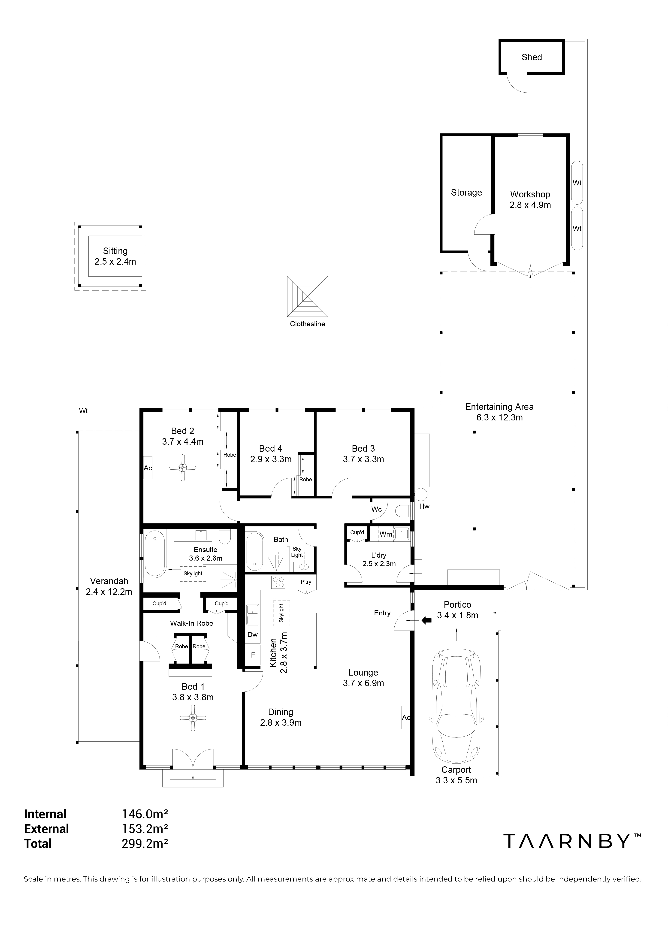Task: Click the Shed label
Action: [531, 57]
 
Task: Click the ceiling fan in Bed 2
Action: [183, 467]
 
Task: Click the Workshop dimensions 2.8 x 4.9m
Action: [530, 205]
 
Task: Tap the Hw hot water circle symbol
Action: [421, 494]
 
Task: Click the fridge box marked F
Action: [253, 655]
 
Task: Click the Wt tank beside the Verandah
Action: [84, 411]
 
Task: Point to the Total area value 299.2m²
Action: [145, 843]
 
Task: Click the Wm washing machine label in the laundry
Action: [386, 534]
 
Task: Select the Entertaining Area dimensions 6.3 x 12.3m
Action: [499, 417]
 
